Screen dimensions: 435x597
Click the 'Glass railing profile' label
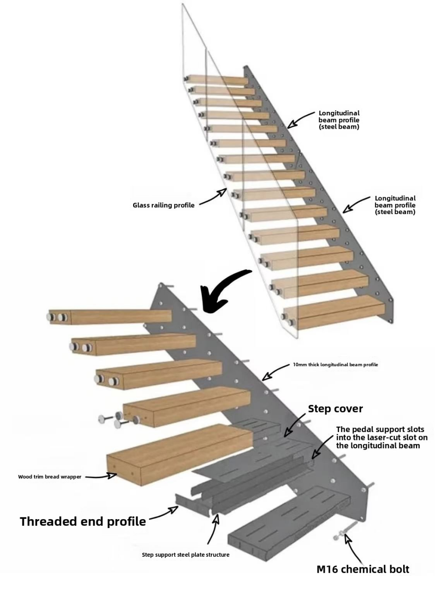click(x=164, y=205)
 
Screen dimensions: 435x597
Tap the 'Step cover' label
click(x=336, y=409)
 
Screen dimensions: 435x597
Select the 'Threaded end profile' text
click(x=83, y=521)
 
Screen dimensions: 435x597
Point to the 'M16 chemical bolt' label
click(x=363, y=569)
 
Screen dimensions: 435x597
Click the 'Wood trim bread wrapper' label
click(x=50, y=477)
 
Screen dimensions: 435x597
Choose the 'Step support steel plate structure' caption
click(x=185, y=555)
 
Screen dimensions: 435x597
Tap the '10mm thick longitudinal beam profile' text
click(x=336, y=364)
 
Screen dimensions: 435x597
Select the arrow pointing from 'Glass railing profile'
click(x=213, y=197)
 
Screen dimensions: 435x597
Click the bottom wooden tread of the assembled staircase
click(x=334, y=312)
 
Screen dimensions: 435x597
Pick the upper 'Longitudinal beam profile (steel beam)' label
click(x=339, y=120)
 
